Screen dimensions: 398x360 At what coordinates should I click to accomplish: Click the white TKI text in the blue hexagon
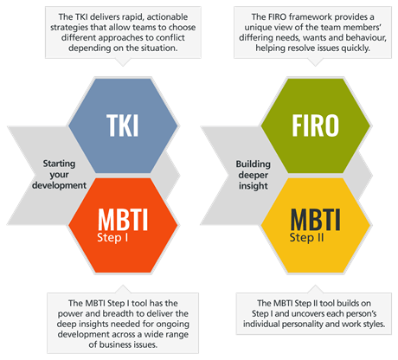123,125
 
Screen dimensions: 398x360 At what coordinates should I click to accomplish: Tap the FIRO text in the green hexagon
316,125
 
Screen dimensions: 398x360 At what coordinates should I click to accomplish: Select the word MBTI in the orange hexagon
123,219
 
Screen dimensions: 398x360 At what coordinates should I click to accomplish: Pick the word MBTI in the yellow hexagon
316,219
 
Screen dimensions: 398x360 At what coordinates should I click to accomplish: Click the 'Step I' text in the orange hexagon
112,238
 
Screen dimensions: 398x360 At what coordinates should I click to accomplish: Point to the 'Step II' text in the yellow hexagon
306,238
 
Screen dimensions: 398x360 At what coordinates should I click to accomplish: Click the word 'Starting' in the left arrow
59,164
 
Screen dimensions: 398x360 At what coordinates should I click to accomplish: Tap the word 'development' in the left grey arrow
59,185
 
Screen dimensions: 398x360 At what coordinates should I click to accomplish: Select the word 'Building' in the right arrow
254,164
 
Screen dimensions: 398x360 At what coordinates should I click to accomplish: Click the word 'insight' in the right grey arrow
254,185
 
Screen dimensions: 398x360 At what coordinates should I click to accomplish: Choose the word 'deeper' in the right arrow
254,175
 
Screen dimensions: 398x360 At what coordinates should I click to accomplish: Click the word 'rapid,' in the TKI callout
133,17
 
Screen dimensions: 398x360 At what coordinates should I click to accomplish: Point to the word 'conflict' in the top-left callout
170,37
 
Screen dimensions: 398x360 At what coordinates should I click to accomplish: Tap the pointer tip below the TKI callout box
123,66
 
